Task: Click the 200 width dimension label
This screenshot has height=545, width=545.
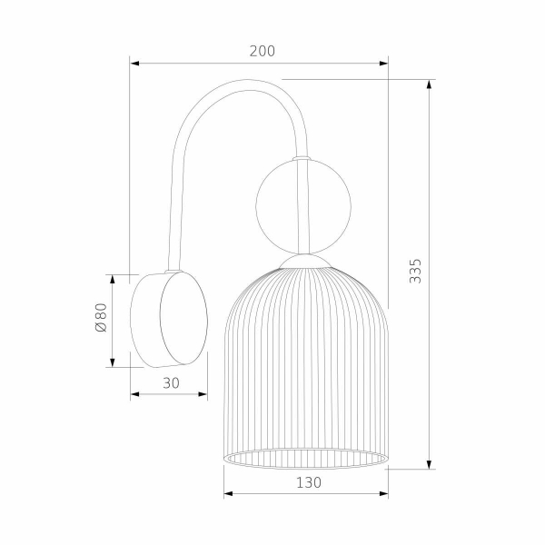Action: (x=262, y=52)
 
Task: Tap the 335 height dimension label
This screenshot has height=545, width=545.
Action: (x=415, y=272)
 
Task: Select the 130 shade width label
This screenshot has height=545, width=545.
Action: (x=308, y=483)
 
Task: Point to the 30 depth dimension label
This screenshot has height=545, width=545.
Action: (x=170, y=382)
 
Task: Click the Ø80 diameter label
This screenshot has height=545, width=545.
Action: (x=102, y=320)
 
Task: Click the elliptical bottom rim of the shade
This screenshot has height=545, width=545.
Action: (x=306, y=460)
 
